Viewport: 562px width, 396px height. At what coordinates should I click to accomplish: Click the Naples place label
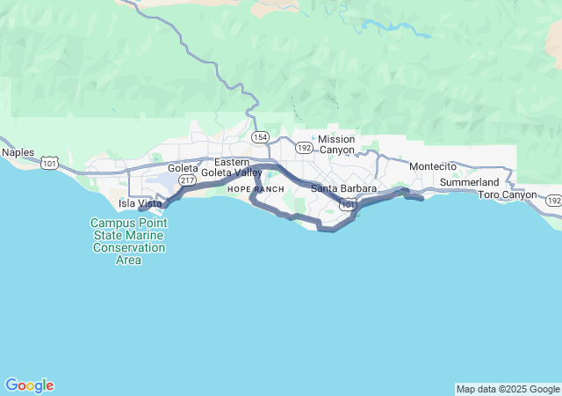click(x=18, y=152)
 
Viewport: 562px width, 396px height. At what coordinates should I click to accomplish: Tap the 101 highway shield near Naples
click(x=50, y=163)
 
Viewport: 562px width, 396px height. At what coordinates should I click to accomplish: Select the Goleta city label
click(x=184, y=168)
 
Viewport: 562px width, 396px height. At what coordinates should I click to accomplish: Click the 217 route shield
click(x=187, y=180)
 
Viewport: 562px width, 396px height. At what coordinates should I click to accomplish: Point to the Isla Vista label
click(x=140, y=203)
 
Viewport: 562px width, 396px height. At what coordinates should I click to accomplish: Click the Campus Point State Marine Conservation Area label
click(x=128, y=235)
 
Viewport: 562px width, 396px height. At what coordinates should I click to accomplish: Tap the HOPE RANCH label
click(x=256, y=189)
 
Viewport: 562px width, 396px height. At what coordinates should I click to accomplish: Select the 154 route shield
click(x=260, y=137)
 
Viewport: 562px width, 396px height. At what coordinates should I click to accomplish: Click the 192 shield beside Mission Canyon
click(x=304, y=148)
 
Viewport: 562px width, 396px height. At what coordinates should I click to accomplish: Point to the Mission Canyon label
click(x=336, y=144)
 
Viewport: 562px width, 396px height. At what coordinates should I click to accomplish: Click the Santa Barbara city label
click(x=344, y=188)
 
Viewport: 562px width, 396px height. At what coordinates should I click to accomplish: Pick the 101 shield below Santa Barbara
click(x=349, y=205)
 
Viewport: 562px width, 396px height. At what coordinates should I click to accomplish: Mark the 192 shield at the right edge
click(x=552, y=201)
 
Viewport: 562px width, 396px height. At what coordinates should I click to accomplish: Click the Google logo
click(x=29, y=385)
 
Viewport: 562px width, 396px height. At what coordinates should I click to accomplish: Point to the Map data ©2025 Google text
click(x=508, y=389)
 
